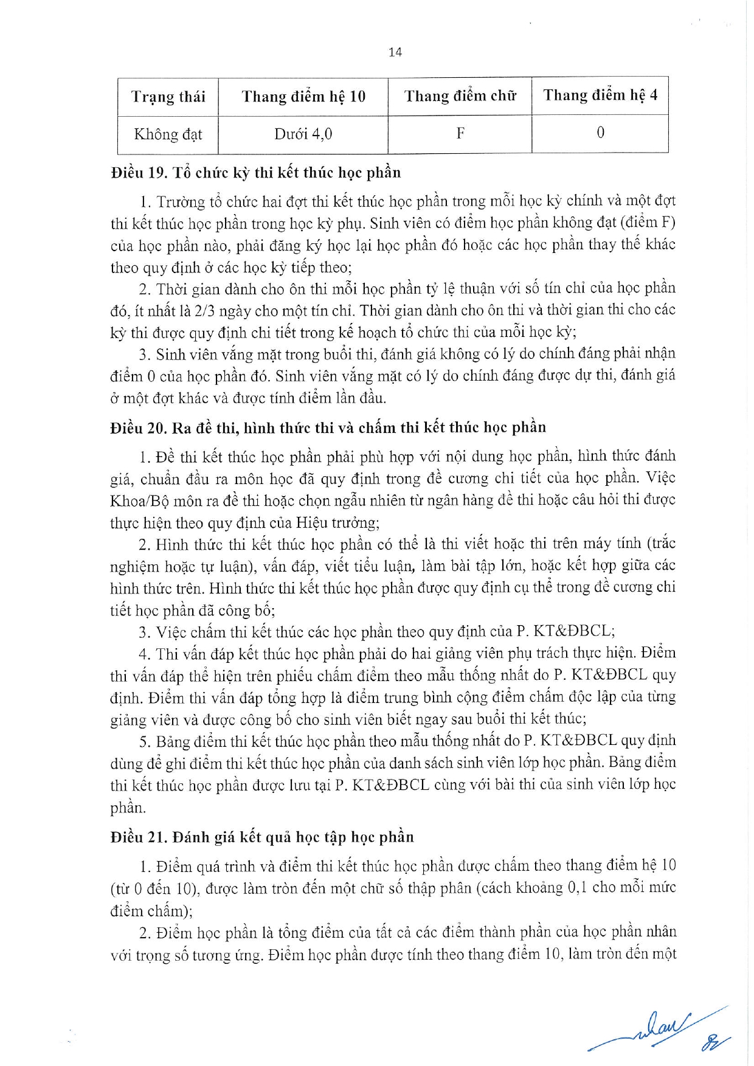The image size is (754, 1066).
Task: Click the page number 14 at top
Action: pyautogui.click(x=395, y=52)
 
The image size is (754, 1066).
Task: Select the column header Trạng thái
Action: pyautogui.click(x=168, y=97)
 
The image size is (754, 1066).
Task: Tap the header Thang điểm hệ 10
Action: pyautogui.click(x=303, y=97)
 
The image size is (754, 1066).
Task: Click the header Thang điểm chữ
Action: pyautogui.click(x=460, y=96)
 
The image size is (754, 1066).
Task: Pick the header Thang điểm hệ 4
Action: pyautogui.click(x=600, y=95)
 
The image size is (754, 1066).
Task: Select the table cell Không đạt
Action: pyautogui.click(x=168, y=134)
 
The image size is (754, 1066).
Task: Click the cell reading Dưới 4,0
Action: pyautogui.click(x=303, y=134)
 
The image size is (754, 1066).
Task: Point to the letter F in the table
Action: pyautogui.click(x=460, y=133)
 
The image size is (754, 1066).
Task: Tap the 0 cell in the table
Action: pyautogui.click(x=600, y=133)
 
